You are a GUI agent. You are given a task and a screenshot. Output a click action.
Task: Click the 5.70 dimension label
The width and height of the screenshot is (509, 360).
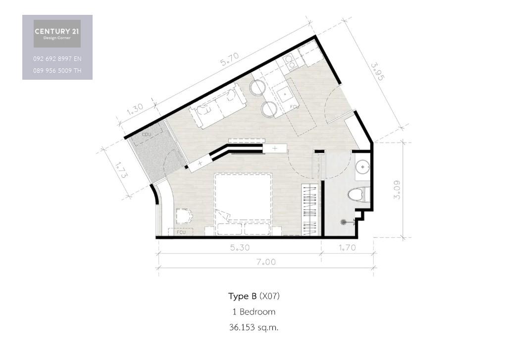tap(230, 59)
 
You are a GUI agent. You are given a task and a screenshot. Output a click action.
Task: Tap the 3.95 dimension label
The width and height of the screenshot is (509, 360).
tap(377, 72)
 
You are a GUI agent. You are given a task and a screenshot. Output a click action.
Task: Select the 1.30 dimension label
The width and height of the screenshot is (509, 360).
tap(135, 109)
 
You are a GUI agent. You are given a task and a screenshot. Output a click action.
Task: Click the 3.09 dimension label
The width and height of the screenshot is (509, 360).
tap(397, 190)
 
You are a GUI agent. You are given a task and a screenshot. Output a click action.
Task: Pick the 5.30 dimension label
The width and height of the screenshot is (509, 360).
tap(240, 248)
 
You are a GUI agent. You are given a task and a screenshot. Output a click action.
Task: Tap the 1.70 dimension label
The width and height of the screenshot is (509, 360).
tap(347, 248)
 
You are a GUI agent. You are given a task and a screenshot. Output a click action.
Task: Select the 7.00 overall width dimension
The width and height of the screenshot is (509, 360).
tap(266, 261)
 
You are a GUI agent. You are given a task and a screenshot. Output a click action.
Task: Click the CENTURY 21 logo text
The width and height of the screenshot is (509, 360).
tap(57, 31)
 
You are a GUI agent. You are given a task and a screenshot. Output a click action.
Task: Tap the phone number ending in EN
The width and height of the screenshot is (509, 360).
tap(57, 59)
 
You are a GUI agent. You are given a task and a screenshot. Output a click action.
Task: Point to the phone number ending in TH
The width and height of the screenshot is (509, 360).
tap(57, 70)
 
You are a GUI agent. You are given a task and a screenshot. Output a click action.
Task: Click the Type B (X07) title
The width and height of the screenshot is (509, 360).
tap(254, 296)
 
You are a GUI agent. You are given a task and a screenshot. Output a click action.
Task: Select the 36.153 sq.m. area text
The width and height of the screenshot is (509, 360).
tap(254, 327)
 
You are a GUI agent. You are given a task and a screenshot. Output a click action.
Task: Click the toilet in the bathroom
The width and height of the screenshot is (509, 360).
tap(358, 195)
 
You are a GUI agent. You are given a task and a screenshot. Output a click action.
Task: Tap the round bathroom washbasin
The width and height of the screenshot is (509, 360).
tap(362, 167)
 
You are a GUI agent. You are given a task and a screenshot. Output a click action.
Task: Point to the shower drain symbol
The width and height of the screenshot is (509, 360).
tap(344, 222)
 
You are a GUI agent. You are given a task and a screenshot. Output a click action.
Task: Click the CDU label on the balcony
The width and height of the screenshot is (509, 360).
tap(147, 134)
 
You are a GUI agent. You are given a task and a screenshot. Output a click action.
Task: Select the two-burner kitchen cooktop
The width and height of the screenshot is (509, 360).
tap(289, 62)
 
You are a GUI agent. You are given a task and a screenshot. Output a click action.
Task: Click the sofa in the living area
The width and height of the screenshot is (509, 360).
tap(218, 106)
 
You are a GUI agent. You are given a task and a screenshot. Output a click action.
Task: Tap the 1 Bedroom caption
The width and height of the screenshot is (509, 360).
tap(254, 311)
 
